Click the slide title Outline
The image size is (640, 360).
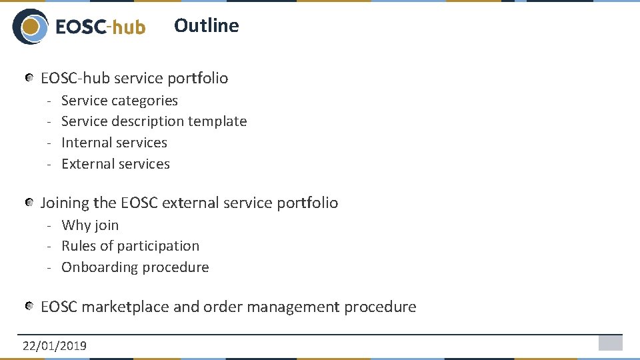(x=206, y=25)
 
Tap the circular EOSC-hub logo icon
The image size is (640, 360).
(x=30, y=27)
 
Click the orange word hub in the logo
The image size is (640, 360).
(x=129, y=27)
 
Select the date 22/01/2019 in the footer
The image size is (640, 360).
(x=54, y=345)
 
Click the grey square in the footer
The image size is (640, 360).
(x=610, y=343)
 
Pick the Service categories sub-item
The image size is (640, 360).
(x=119, y=101)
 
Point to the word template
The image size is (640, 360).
(x=217, y=121)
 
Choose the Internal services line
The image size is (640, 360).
(x=114, y=143)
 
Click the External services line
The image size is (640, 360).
(x=115, y=164)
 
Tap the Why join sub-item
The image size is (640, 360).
(x=90, y=225)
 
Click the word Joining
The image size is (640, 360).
(x=65, y=203)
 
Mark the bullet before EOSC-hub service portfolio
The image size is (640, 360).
(x=30, y=79)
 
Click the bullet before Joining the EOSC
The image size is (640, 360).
(x=30, y=203)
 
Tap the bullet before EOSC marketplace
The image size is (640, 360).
(x=30, y=307)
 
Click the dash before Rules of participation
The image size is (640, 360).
(x=49, y=246)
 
